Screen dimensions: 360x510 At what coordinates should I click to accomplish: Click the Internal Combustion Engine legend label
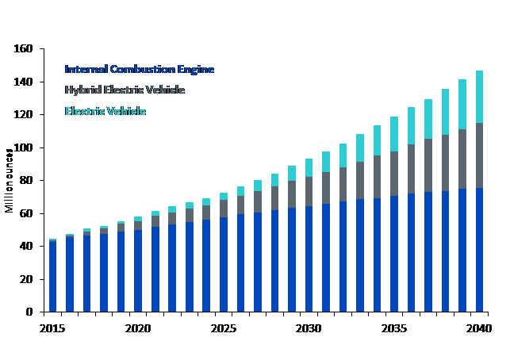139,69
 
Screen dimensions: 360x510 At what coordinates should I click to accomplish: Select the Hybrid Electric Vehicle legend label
125,90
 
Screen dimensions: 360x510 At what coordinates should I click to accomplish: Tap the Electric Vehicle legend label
105,111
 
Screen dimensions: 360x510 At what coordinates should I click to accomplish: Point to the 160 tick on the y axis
23,49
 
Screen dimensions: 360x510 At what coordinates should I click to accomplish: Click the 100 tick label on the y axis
23,147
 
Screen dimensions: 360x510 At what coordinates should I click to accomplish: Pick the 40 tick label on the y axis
25,247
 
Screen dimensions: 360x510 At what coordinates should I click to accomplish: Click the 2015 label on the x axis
52,327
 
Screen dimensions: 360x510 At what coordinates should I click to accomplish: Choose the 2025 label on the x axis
223,327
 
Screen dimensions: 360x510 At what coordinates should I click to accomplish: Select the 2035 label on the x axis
394,327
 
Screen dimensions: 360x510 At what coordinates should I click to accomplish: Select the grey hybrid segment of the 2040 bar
480,155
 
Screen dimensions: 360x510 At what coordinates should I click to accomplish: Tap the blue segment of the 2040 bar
480,250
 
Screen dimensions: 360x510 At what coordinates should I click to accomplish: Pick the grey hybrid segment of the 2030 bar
309,193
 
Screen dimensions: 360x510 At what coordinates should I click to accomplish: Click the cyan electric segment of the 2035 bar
394,134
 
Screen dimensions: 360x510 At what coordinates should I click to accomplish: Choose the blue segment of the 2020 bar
139,270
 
